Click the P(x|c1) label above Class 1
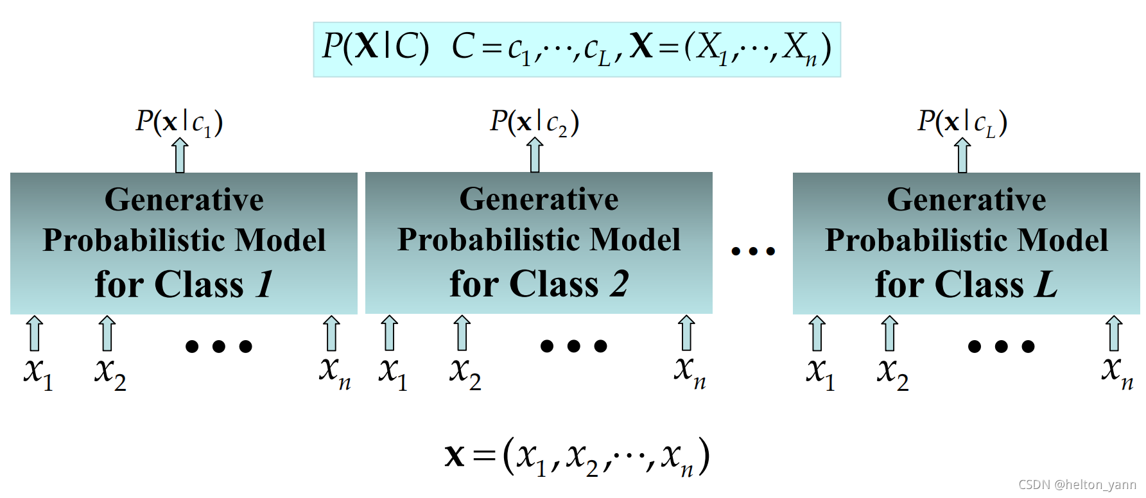(179, 122)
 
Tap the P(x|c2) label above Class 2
(534, 122)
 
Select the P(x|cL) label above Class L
(962, 122)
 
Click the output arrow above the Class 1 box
(180, 156)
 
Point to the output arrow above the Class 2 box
(535, 156)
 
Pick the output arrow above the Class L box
(962, 156)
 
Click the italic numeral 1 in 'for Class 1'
(265, 284)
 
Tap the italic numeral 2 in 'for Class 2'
(620, 284)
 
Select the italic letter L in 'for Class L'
(1046, 284)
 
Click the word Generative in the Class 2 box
(539, 199)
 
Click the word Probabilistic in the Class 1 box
(134, 241)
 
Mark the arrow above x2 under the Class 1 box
(107, 333)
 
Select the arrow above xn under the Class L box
(1114, 333)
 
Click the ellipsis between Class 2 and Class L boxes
(753, 251)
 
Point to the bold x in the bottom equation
(454, 456)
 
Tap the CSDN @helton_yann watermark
(1077, 485)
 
